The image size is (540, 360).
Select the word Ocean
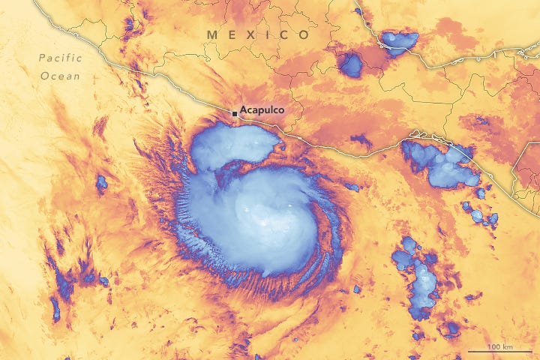61,75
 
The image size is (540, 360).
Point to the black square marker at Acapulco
235,112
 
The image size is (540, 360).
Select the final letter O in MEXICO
303,34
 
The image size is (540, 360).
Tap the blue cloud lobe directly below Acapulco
229,146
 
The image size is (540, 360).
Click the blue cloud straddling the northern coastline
399,41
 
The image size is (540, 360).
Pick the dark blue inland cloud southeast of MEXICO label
349,64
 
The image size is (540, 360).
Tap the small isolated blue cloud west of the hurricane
101,181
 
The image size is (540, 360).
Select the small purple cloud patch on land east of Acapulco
361,140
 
